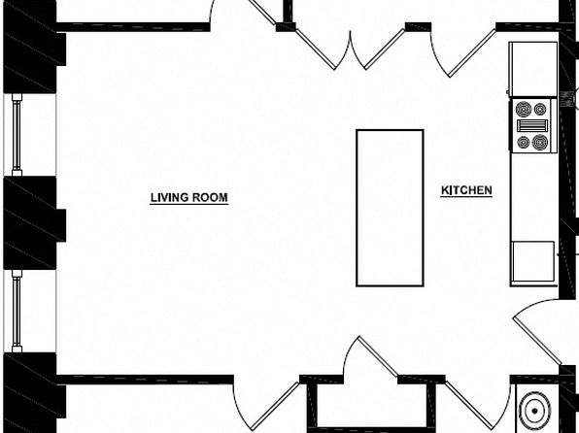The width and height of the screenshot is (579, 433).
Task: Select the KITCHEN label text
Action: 466,190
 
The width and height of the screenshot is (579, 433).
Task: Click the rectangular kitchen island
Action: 390,208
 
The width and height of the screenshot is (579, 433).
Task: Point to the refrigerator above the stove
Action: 532,69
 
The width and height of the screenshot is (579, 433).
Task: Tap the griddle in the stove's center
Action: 532,125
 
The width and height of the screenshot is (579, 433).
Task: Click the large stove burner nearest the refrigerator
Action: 524,109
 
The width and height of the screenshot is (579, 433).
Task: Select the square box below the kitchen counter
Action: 533,262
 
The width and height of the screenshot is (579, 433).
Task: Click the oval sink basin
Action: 534,411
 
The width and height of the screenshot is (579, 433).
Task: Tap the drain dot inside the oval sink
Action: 534,411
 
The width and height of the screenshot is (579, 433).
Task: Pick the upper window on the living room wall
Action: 17,135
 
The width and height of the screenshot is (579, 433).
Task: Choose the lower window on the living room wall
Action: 17,311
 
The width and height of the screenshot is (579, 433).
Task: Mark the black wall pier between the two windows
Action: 33,223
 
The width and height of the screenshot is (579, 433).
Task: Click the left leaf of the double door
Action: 324,50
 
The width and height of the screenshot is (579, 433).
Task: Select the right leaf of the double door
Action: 377,50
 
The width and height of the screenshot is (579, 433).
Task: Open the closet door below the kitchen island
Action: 377,357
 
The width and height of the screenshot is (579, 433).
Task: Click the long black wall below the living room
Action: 145,380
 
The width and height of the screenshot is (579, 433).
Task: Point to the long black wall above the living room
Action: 133,27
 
